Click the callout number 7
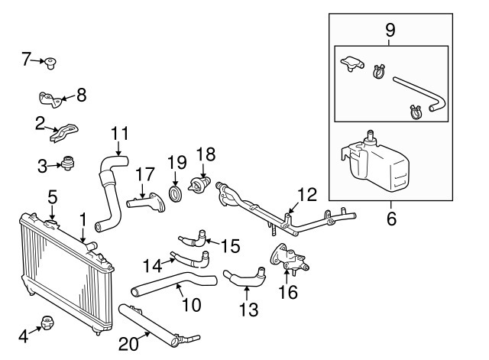pyautogui.click(x=26, y=58)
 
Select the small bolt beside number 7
pyautogui.click(x=52, y=61)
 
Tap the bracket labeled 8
pyautogui.click(x=50, y=99)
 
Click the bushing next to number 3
pyautogui.click(x=70, y=163)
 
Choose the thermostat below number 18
pyautogui.click(x=202, y=186)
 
